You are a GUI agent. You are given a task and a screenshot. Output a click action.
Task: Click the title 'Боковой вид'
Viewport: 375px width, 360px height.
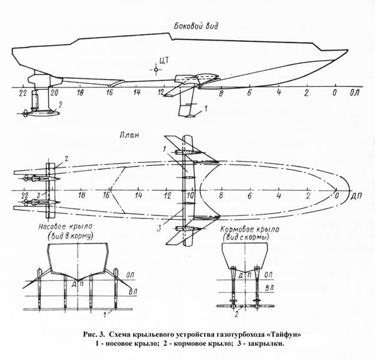click(x=196, y=26)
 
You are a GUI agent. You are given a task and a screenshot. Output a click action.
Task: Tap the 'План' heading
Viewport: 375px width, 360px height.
click(x=129, y=135)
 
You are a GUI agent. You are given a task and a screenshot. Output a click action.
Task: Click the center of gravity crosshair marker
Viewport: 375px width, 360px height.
click(x=156, y=70)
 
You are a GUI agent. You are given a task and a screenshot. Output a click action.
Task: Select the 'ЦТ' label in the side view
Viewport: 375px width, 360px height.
click(x=164, y=60)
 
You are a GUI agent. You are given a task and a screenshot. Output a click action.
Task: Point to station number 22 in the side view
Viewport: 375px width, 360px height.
click(x=23, y=93)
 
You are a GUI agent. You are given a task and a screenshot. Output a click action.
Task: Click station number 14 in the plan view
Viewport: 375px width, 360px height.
click(x=138, y=195)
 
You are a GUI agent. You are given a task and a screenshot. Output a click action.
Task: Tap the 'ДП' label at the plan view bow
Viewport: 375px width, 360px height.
click(x=356, y=196)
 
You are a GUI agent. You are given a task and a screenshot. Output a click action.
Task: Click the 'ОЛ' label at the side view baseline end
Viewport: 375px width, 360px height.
click(x=355, y=93)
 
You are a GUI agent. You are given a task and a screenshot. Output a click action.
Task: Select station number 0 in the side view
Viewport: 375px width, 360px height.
click(x=334, y=93)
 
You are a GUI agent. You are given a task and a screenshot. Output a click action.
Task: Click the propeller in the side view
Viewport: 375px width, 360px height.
click(x=24, y=113)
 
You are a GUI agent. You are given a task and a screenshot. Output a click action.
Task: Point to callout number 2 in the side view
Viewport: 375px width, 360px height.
click(x=60, y=105)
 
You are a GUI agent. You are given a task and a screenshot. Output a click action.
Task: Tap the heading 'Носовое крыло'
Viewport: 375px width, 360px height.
click(x=65, y=227)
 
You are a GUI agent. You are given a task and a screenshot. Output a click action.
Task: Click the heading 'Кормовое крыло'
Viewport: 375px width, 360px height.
click(x=249, y=229)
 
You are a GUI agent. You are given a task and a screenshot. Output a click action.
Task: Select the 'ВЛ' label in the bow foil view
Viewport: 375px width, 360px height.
click(x=133, y=292)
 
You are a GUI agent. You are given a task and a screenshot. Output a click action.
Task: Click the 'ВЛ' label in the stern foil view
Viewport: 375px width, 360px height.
click(x=270, y=288)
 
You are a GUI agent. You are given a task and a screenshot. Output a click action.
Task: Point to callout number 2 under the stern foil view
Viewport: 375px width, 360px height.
click(x=236, y=314)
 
